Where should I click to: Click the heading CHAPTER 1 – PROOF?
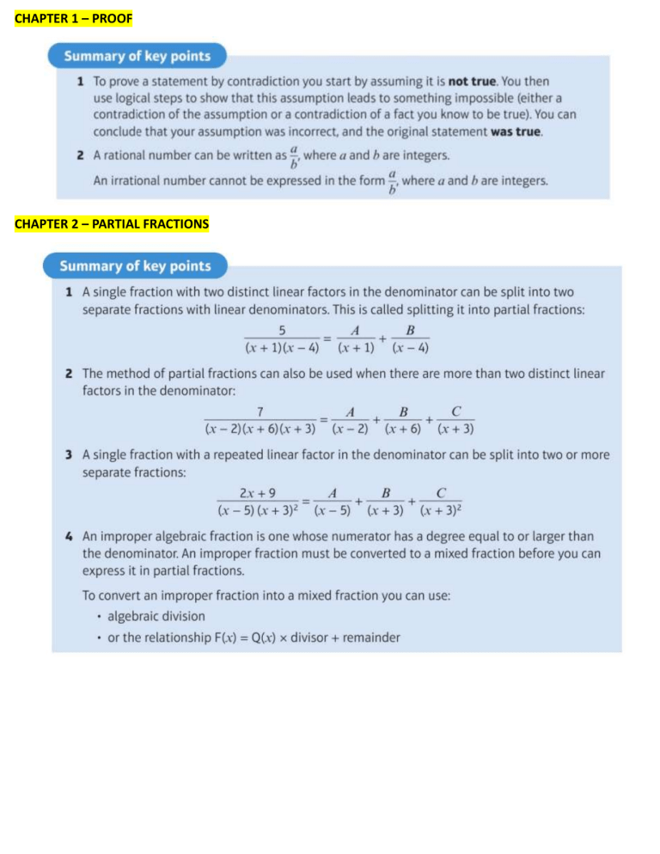[x=74, y=17]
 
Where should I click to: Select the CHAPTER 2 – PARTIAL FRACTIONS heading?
[x=111, y=224]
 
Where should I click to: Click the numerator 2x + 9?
[x=256, y=493]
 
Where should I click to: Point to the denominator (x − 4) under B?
[x=411, y=348]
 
